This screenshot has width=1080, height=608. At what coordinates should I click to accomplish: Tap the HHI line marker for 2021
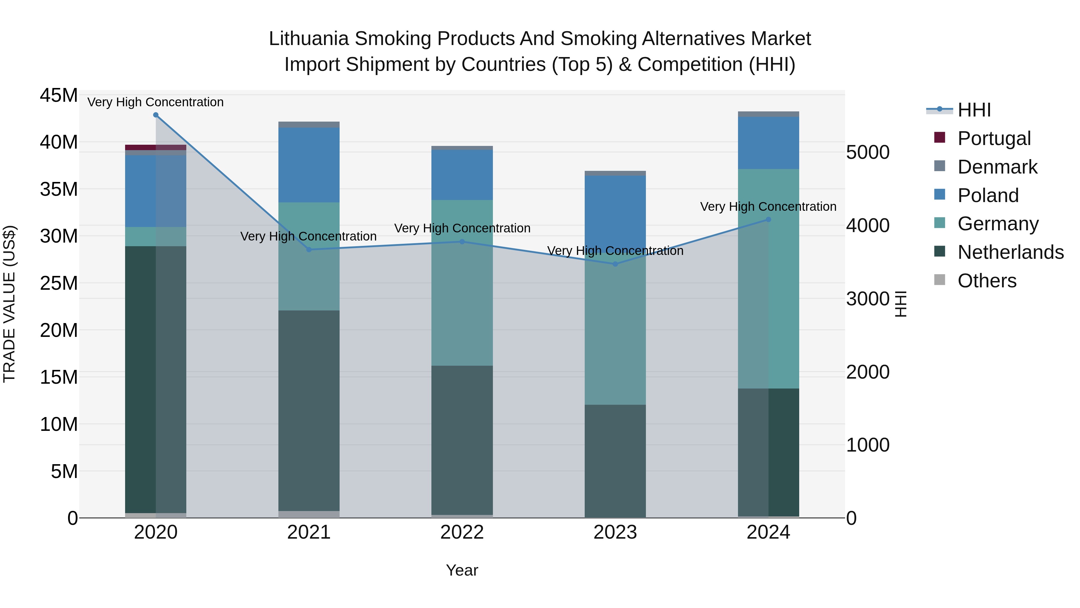[x=309, y=250]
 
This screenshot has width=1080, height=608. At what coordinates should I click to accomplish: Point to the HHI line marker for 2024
[x=769, y=219]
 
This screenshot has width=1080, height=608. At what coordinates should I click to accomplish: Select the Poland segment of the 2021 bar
[x=309, y=165]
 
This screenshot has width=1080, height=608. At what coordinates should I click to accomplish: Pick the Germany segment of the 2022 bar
[x=462, y=283]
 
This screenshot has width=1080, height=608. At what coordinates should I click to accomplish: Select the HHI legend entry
[x=974, y=110]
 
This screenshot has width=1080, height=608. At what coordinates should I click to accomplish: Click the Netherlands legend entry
[x=1010, y=252]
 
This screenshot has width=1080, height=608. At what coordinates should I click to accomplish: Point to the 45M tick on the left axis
[x=59, y=95]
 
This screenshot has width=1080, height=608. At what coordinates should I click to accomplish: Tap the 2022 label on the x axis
[x=462, y=532]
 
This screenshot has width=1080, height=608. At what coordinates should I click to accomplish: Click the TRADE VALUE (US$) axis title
[x=10, y=304]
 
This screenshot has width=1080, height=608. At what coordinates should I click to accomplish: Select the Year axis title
[x=462, y=570]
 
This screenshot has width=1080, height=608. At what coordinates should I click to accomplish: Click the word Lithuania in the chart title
[x=309, y=39]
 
